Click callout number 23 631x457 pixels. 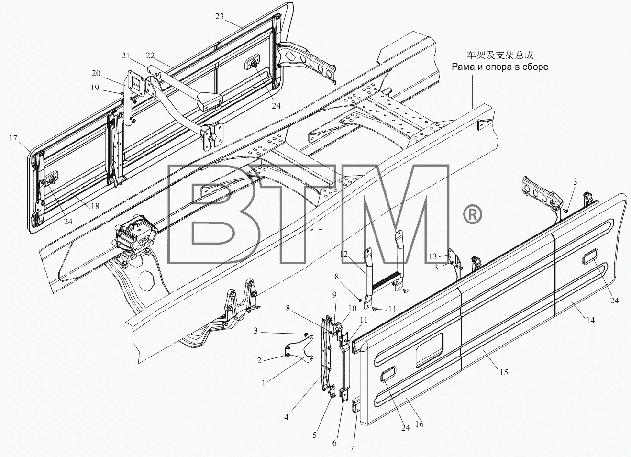[220, 17]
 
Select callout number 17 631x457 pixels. [13, 138]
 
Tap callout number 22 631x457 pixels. [150, 56]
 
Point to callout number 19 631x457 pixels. [95, 88]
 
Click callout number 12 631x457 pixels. [344, 255]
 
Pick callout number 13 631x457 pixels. [432, 256]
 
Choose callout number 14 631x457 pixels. [590, 320]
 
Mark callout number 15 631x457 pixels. [504, 372]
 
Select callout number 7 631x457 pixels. [352, 448]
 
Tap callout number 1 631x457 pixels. [264, 383]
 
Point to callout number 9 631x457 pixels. [334, 295]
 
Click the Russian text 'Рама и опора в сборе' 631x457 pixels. [500, 67]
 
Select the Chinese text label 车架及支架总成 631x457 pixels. [500, 55]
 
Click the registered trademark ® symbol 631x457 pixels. [472, 214]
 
